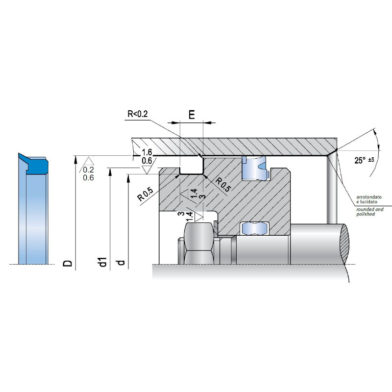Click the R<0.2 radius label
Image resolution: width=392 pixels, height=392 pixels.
(138, 114)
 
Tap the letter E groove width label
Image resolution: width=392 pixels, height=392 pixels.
(192, 115)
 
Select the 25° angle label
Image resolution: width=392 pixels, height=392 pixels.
(360, 160)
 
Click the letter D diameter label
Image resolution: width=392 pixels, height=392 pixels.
(68, 263)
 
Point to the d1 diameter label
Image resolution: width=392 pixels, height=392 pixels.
(103, 262)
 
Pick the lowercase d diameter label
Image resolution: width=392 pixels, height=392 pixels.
(121, 263)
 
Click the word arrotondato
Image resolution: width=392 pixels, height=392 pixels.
(369, 197)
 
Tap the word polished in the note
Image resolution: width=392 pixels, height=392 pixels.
(366, 214)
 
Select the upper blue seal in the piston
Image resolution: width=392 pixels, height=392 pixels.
(254, 168)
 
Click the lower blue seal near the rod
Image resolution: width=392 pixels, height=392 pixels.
(254, 228)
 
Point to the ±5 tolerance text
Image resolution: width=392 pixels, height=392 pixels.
(371, 159)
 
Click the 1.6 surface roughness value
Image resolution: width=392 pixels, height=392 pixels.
(147, 152)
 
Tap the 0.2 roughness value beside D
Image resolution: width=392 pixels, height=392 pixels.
(88, 170)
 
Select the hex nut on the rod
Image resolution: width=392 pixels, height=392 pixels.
(199, 243)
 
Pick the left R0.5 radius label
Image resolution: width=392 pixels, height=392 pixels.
(145, 194)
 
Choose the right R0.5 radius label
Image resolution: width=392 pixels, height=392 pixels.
(223, 185)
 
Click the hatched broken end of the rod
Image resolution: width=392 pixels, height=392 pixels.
(344, 243)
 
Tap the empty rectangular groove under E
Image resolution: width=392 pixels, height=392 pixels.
(192, 165)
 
